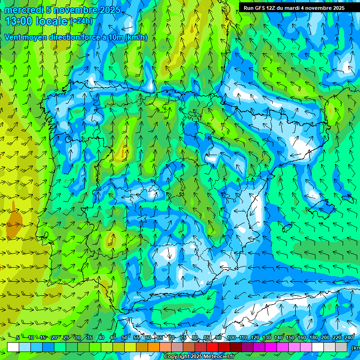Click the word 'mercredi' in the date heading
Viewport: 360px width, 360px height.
click(23, 10)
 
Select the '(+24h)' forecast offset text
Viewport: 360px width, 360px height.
click(82, 21)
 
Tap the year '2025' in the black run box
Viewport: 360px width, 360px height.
click(337, 8)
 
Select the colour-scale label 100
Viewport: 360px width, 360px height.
click(231, 337)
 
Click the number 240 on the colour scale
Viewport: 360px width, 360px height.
click(349, 337)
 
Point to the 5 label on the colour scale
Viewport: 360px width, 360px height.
click(18, 337)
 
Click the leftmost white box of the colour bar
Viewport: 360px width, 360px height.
click(13, 347)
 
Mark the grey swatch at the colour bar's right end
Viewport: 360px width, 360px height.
click(341, 347)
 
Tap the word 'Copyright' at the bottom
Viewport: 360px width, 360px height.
click(176, 357)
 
